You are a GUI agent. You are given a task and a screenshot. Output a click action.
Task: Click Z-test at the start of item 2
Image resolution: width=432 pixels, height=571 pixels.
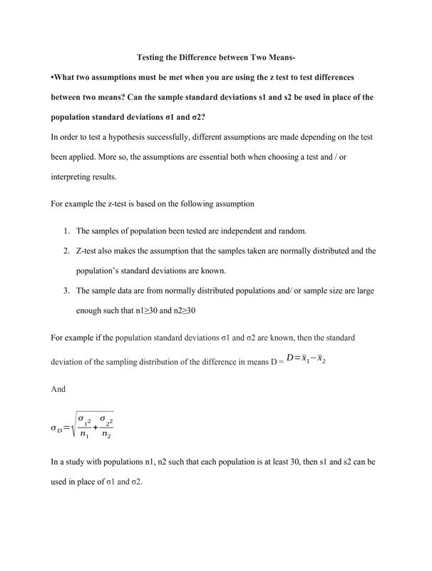pyautogui.click(x=89, y=251)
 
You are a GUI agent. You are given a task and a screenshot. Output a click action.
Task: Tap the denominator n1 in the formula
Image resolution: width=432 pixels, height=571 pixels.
pyautogui.click(x=83, y=434)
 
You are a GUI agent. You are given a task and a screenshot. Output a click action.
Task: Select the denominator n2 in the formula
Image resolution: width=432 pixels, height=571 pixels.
pyautogui.click(x=106, y=434)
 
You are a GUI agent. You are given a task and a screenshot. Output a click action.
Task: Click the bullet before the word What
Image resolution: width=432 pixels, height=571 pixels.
pyautogui.click(x=53, y=76)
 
